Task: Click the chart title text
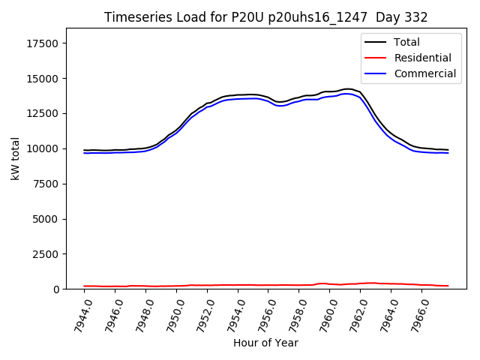(266, 17)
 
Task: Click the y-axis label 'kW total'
(16, 158)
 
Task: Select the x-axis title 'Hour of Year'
(265, 343)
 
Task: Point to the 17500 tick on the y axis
(43, 43)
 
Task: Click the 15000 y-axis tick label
(43, 79)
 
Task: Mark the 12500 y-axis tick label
(43, 113)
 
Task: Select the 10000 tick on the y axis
(43, 148)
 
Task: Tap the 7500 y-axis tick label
(46, 184)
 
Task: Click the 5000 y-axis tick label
(46, 219)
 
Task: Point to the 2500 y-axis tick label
(46, 254)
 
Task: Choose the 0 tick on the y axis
(56, 289)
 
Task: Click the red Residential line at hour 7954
(238, 285)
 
